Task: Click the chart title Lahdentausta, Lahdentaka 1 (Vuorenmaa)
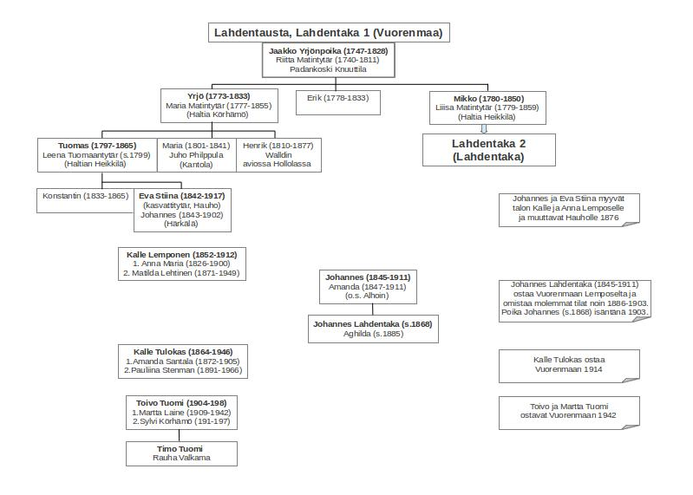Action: point(329,34)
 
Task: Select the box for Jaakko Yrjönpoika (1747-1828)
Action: point(328,60)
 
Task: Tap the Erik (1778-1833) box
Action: point(337,101)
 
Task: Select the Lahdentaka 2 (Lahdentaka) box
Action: point(489,150)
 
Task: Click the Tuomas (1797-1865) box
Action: point(96,155)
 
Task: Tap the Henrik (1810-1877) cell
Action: point(265,155)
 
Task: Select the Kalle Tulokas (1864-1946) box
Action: point(183,361)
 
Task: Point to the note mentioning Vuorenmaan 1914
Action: point(568,364)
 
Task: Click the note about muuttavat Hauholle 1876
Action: point(568,209)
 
